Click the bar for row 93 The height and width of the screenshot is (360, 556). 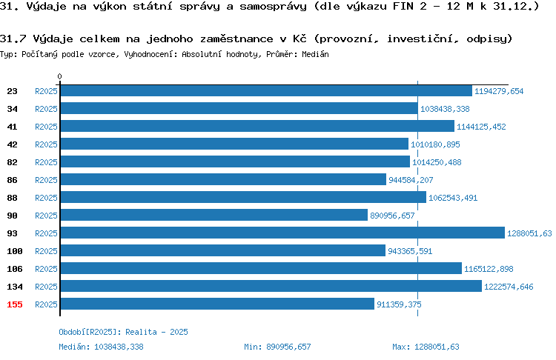point(282,233)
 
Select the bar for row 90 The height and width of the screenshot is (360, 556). point(214,215)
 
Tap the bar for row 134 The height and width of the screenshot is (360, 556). point(271,286)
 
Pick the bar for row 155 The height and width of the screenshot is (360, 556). point(217,304)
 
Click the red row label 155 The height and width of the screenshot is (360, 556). point(15,304)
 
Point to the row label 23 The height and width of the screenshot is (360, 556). point(12,91)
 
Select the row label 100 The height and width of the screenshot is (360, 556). point(15,251)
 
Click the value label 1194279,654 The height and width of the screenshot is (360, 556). point(499,91)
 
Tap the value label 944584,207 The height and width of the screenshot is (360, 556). point(411,180)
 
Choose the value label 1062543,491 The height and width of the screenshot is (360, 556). point(453,198)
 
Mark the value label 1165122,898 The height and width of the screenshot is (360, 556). point(489,269)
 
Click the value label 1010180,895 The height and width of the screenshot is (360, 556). point(435,144)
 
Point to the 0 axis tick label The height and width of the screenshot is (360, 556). point(59,76)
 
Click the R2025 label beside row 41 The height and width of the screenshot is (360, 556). point(46,127)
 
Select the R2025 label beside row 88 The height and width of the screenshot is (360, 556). point(46,198)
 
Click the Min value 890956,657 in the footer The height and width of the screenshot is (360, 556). point(288,347)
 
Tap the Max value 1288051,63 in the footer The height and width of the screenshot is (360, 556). point(437,347)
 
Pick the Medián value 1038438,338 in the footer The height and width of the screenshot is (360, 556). point(119,347)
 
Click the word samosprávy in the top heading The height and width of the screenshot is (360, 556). point(273,7)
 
